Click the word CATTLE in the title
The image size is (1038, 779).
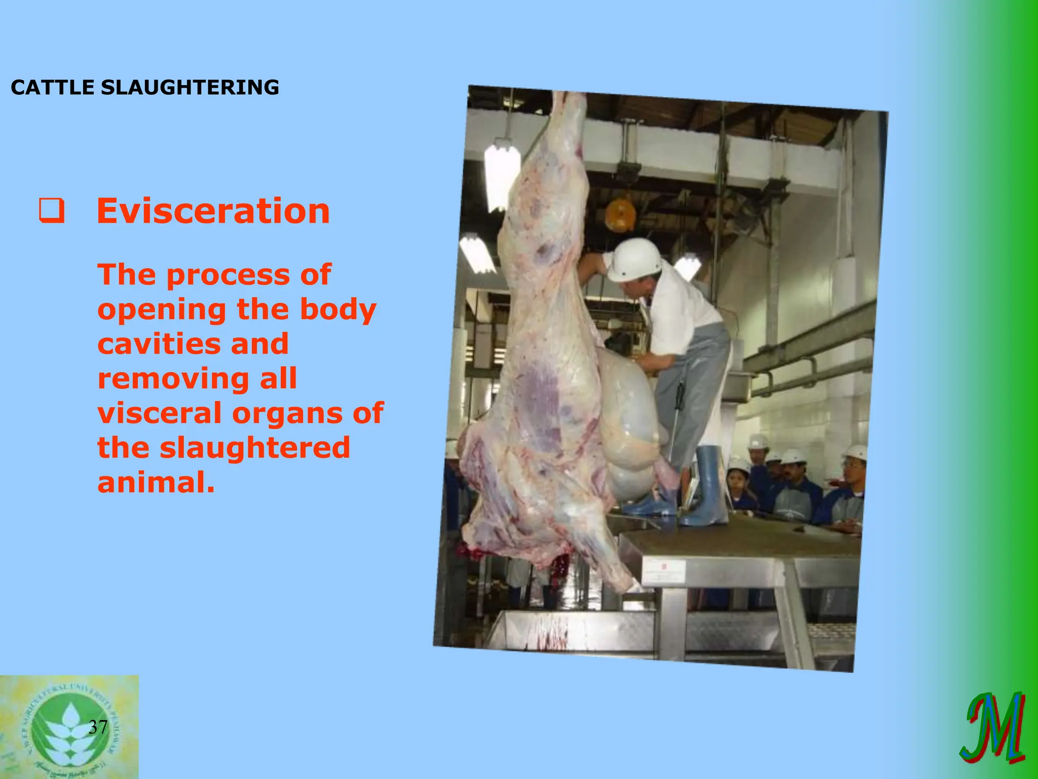(52, 87)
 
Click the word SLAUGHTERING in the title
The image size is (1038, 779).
(190, 87)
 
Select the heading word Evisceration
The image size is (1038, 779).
(213, 211)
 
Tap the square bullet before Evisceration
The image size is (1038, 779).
(52, 212)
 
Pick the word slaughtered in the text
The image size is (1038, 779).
(255, 447)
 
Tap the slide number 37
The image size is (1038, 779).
(98, 727)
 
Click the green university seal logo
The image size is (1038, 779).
(69, 726)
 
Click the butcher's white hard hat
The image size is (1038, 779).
(634, 260)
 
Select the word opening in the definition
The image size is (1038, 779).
(162, 309)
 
